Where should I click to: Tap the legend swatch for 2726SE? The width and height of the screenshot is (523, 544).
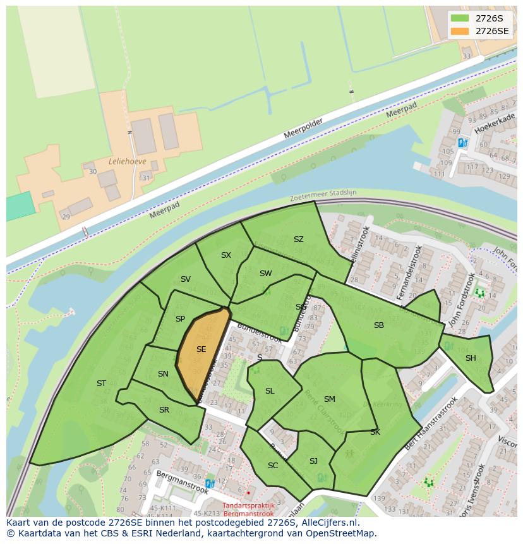click(x=460, y=31)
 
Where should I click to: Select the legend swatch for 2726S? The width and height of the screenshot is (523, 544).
click(x=460, y=18)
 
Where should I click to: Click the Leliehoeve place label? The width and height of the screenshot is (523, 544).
click(x=127, y=161)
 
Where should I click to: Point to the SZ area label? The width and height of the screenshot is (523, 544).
click(x=299, y=239)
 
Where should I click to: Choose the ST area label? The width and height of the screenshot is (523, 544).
click(x=101, y=384)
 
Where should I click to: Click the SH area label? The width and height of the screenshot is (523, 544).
click(x=471, y=358)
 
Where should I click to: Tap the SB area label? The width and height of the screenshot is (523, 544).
click(x=379, y=325)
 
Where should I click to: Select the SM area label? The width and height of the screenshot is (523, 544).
click(x=329, y=399)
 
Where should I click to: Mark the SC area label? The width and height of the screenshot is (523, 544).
click(x=273, y=466)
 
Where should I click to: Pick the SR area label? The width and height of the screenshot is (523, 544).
click(x=164, y=410)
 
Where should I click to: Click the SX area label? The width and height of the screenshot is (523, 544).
click(x=226, y=255)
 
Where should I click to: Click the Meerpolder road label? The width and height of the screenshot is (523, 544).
click(x=303, y=129)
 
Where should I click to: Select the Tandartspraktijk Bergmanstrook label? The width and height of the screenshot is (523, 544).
click(x=248, y=509)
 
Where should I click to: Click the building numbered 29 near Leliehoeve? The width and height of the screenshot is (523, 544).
click(x=66, y=217)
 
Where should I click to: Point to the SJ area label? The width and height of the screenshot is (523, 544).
click(x=313, y=461)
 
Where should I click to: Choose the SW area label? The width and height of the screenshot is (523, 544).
click(x=265, y=274)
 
